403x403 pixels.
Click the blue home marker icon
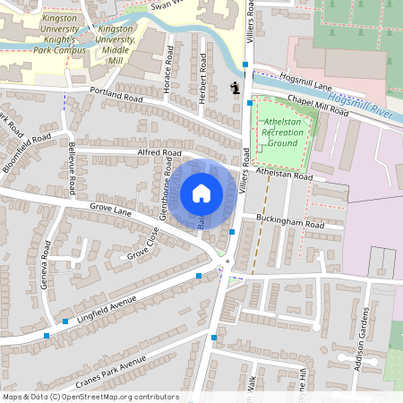pos(201,193)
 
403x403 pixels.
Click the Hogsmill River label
pos(363,106)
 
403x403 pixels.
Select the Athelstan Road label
pos(283,176)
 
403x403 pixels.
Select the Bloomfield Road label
pos(27,152)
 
